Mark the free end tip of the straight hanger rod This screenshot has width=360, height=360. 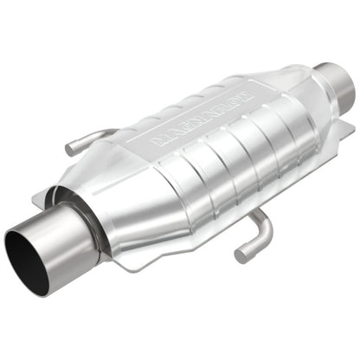pyautogui.click(x=71, y=151)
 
